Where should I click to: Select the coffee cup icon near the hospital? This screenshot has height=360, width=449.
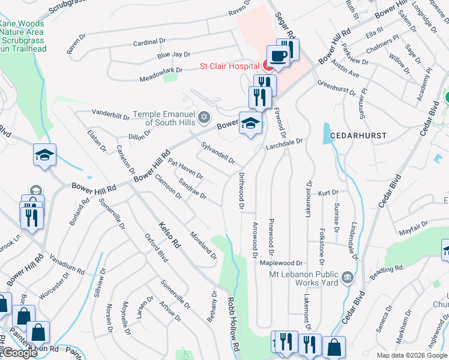tap(278, 56)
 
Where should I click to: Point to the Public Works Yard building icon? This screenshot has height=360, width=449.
tap(347, 277)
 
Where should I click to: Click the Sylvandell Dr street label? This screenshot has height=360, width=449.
tap(217, 152)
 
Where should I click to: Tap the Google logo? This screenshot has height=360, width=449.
tap(19, 353)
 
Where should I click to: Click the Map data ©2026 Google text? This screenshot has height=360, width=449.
tap(412, 355)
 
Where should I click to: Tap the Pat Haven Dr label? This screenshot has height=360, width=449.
tap(185, 169)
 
